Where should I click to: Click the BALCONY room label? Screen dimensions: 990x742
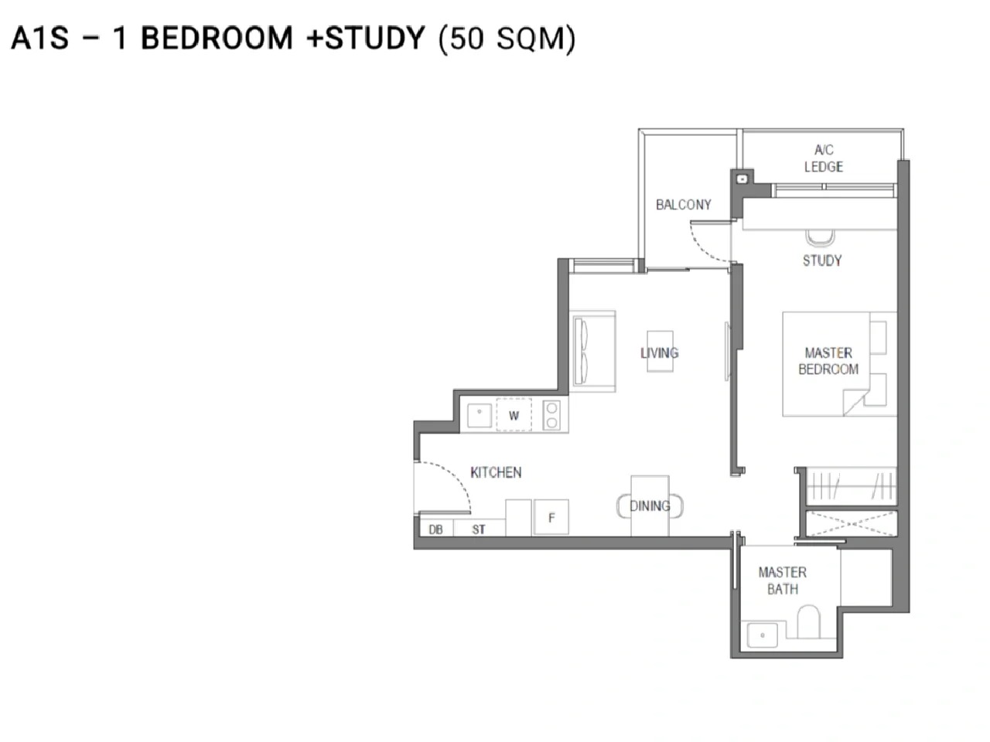tap(683, 205)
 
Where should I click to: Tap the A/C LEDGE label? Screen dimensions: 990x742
tap(824, 158)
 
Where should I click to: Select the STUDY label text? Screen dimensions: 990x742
tap(822, 260)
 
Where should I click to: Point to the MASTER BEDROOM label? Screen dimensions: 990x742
tap(828, 361)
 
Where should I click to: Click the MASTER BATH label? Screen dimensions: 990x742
tap(783, 580)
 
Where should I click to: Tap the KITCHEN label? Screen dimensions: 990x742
tap(496, 472)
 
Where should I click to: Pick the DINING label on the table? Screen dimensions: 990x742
tap(650, 506)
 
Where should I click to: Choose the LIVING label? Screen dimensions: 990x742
tap(660, 352)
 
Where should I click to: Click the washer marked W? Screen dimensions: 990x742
tap(514, 415)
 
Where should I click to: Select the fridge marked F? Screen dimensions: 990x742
tap(551, 518)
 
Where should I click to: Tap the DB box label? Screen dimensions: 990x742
tap(435, 529)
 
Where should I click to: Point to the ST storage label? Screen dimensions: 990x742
tap(479, 529)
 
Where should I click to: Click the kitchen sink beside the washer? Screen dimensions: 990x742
tap(480, 415)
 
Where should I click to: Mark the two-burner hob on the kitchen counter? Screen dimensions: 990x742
tap(551, 415)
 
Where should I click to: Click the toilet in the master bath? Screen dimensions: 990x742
tap(808, 621)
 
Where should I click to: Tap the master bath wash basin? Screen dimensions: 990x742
tap(763, 635)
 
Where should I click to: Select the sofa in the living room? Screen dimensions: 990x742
tap(592, 351)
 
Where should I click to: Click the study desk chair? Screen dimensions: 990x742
tap(821, 238)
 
